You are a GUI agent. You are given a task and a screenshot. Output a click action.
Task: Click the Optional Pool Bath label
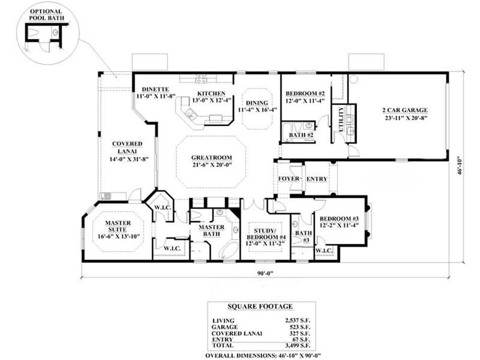[46, 14]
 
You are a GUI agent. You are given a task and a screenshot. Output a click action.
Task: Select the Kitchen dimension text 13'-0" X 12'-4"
[212, 100]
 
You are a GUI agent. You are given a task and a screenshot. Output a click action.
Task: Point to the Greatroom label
[211, 157]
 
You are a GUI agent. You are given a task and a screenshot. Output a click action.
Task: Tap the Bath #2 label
[301, 135]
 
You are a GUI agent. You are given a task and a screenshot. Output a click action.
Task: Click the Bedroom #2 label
[305, 93]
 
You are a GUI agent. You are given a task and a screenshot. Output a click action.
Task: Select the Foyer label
[289, 179]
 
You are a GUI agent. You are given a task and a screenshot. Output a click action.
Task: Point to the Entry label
[317, 179]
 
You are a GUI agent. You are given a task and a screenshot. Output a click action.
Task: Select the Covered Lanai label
[127, 147]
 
